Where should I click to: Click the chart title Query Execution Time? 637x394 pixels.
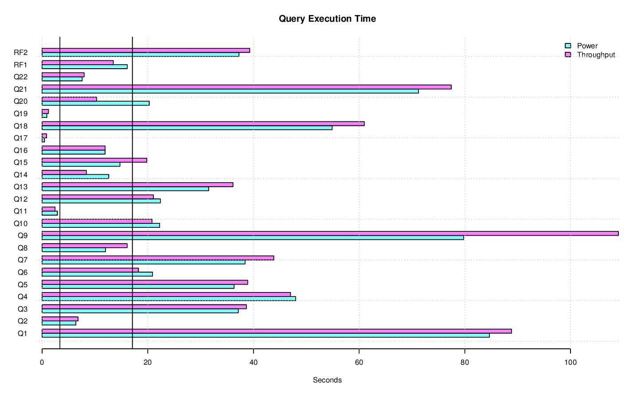[327, 19]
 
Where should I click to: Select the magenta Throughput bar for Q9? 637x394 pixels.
[330, 233]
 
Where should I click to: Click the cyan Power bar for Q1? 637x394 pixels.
[266, 335]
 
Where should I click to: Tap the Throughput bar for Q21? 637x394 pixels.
[246, 87]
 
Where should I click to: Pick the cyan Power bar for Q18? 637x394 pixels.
[187, 128]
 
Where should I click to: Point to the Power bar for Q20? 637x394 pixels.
[96, 103]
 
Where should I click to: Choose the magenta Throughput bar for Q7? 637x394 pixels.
[158, 257]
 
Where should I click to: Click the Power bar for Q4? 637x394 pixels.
[169, 299]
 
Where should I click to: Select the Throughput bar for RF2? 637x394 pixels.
[146, 50]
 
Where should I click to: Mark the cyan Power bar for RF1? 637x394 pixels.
[85, 67]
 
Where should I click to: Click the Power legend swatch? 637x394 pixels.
[567, 46]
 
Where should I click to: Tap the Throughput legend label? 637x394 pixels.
[596, 55]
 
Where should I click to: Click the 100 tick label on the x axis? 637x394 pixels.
[570, 362]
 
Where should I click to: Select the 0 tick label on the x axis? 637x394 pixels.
[42, 362]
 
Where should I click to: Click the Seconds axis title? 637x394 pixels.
[327, 380]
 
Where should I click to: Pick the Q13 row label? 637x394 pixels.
[20, 187]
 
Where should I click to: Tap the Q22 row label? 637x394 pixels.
[20, 77]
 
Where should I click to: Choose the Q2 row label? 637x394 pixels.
[23, 321]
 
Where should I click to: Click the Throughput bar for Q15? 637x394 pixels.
[94, 160]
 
